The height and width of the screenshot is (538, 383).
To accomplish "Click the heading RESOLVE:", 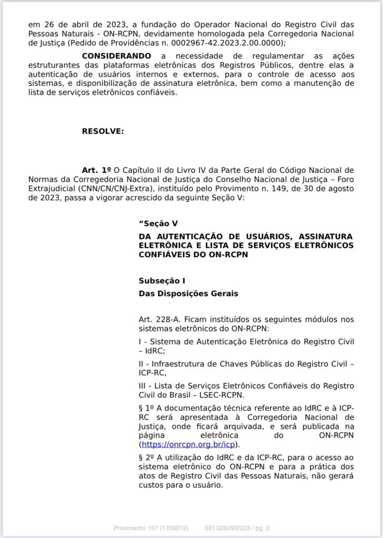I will coord(103,131).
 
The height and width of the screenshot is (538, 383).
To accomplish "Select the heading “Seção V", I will coord(158,223).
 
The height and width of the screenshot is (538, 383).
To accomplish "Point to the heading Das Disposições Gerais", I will coord(188,294).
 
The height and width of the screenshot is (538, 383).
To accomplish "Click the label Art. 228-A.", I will coord(157,319).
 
